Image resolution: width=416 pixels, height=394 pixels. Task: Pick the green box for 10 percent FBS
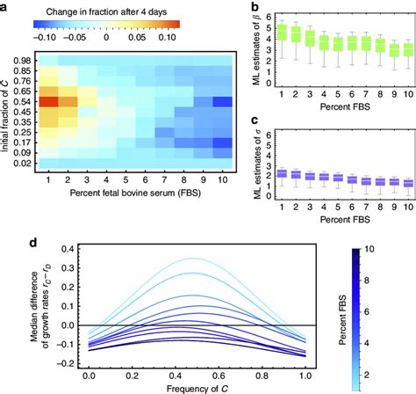coord(406,48)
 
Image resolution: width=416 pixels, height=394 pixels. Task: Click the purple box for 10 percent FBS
coord(406,158)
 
